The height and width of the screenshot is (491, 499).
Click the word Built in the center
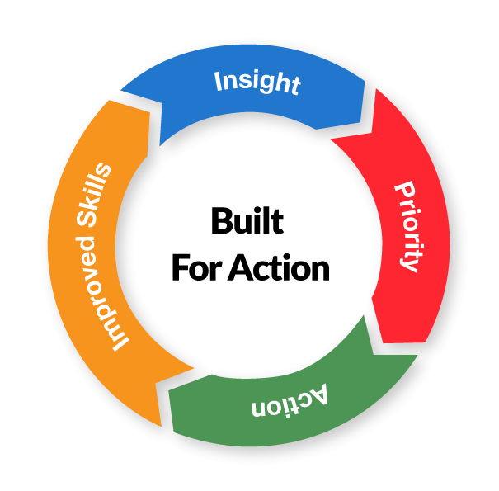(x=247, y=222)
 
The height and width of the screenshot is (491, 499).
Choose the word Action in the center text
(x=277, y=268)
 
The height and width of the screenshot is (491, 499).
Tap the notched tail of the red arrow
(x=346, y=144)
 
